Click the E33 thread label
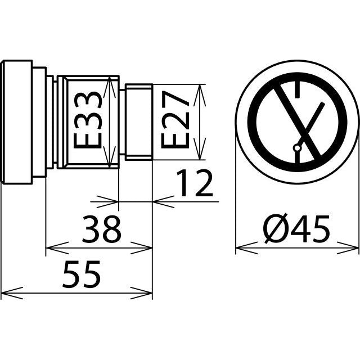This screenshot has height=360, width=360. (88, 120)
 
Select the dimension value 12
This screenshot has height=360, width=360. (195, 184)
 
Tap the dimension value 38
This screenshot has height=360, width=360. (101, 229)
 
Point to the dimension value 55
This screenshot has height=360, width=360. (82, 274)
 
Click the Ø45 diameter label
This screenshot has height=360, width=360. (297, 229)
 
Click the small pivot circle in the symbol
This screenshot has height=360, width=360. (297, 148)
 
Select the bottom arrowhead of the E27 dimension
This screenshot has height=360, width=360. (199, 148)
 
